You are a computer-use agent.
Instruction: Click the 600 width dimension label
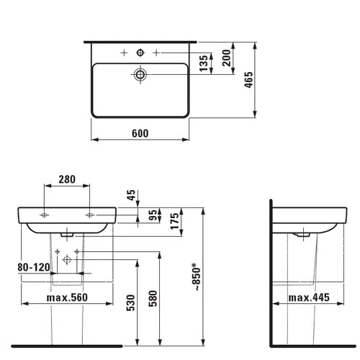tap(140, 133)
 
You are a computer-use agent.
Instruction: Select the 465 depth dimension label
tap(248, 80)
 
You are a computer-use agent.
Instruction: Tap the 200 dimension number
tap(226, 58)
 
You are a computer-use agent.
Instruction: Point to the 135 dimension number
tap(204, 63)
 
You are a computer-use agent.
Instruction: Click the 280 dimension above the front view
tap(67, 179)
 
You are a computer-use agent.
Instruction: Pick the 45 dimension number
tap(131, 195)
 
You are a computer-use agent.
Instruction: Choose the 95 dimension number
tap(153, 215)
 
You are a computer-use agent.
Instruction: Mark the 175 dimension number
tap(175, 221)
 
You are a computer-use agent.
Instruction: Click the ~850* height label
tap(197, 276)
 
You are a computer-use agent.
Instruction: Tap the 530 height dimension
tap(131, 303)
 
